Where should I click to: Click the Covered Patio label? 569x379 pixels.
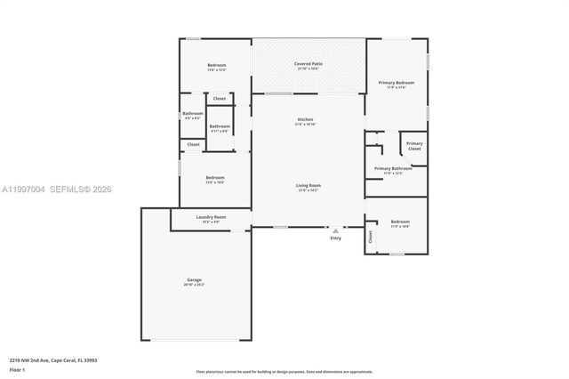point(308,64)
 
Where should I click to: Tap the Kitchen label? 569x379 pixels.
point(305,119)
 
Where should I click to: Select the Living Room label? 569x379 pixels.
point(308,185)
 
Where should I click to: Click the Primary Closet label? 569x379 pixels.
point(414,145)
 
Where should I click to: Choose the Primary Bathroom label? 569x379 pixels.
point(392,168)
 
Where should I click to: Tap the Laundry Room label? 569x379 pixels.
point(211,217)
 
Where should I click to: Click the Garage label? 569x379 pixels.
point(194,280)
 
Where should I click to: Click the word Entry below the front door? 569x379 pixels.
point(335,238)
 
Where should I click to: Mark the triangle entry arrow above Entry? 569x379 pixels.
point(335,229)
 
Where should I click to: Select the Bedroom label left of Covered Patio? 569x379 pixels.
point(217,65)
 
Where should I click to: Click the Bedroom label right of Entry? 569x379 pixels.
point(400,222)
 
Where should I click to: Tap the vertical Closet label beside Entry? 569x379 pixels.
point(371,237)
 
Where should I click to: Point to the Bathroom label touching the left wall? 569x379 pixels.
point(193,113)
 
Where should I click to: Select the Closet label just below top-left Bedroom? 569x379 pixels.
point(219,98)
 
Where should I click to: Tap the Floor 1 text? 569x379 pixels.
point(18,369)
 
